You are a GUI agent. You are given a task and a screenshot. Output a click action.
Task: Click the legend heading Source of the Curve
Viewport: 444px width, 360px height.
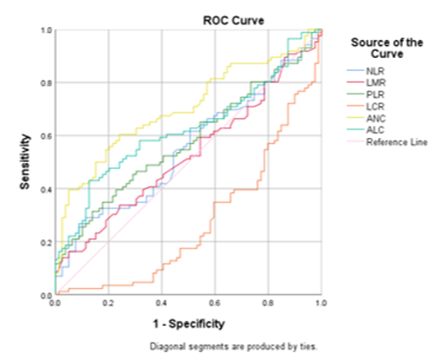coord(387,48)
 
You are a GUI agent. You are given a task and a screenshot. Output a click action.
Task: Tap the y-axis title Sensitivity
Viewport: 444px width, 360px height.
coord(25,162)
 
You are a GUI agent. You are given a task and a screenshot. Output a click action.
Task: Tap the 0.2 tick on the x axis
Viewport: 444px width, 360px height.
coord(108,301)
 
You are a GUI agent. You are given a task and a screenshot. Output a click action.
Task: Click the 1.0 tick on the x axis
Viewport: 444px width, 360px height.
coord(321,301)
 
